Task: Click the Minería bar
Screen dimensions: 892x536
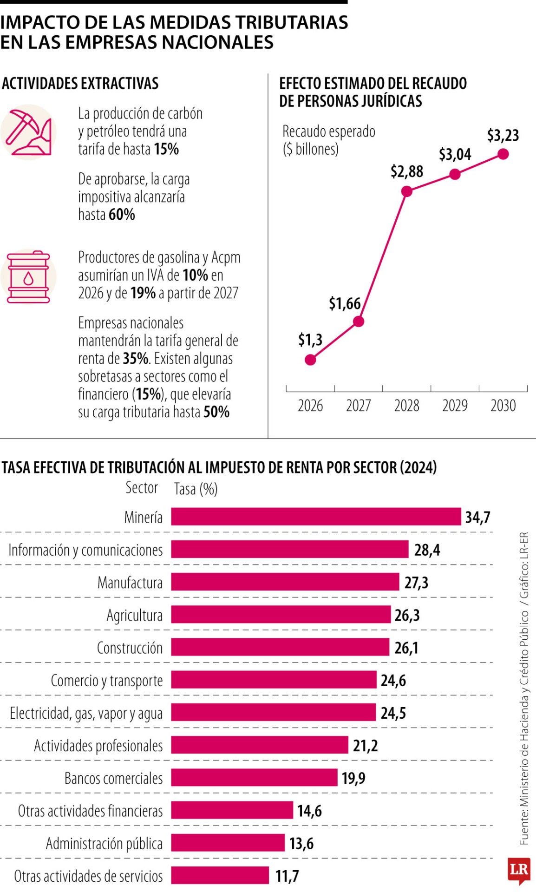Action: click(316, 517)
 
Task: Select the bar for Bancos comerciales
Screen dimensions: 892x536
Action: click(254, 777)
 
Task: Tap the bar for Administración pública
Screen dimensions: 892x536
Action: click(228, 843)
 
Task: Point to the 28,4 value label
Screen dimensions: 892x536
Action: click(427, 550)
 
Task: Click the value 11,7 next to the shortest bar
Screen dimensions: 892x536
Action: click(287, 876)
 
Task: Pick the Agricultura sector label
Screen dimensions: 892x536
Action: click(135, 615)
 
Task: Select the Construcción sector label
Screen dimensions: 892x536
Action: click(130, 648)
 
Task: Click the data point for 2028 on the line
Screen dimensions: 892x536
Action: click(406, 191)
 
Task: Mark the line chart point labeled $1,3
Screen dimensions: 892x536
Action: click(310, 360)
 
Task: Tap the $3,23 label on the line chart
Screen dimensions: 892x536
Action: click(503, 136)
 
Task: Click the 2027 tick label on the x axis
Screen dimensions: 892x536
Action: click(358, 406)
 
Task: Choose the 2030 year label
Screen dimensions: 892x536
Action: click(503, 406)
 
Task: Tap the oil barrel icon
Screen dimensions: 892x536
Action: click(28, 277)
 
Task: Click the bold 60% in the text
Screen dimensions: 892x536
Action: click(122, 215)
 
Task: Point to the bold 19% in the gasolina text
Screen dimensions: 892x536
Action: click(143, 293)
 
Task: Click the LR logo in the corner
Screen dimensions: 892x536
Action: click(519, 870)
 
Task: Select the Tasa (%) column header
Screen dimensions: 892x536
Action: click(196, 489)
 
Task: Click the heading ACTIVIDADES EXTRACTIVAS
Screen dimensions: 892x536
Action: click(80, 84)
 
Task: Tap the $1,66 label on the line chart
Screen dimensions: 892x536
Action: click(345, 303)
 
